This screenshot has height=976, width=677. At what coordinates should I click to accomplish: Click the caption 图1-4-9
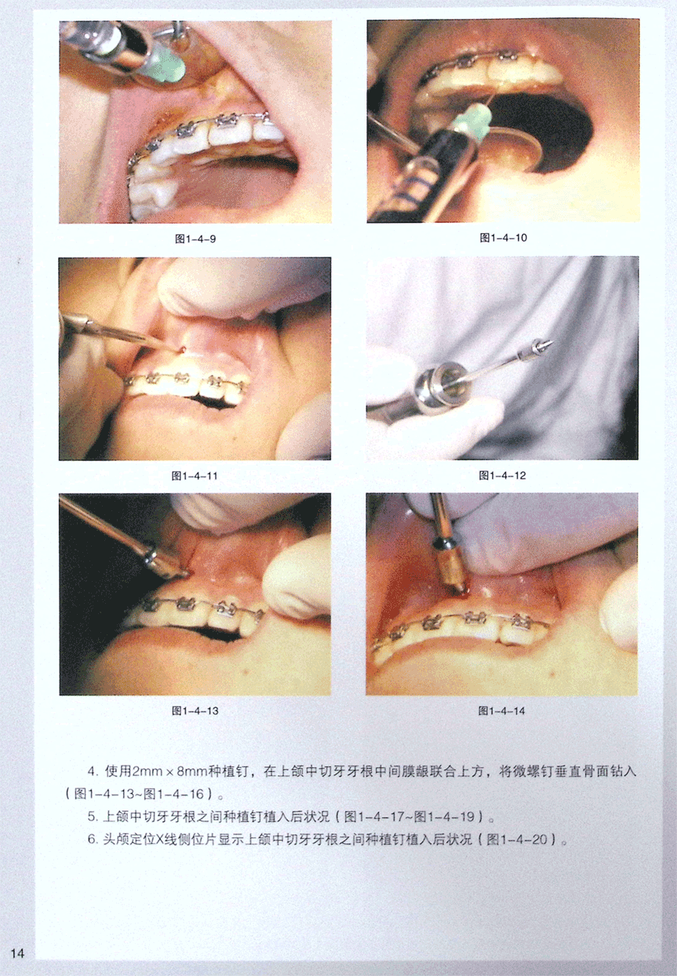pos(195,239)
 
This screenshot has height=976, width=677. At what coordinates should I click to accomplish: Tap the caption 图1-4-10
pos(504,237)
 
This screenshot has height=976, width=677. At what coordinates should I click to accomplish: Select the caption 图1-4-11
pos(195,475)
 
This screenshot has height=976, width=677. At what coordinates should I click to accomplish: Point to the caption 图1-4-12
pos(502,475)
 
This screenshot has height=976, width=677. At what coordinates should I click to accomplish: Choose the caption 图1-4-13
pos(195,711)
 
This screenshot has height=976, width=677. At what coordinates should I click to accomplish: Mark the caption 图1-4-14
pos(501,711)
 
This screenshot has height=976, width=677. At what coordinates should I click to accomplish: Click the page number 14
pos(17,953)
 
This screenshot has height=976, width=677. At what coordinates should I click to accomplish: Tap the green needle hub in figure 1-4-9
pos(168,66)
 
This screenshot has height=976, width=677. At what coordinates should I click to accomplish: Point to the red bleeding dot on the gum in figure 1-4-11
pos(184,349)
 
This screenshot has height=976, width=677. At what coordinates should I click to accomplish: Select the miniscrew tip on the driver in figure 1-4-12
pos(544,345)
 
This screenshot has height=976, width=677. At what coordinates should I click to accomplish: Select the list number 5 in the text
pos(91,817)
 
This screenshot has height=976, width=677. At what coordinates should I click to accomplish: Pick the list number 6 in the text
pos(91,839)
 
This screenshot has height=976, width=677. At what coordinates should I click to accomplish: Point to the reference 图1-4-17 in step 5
pos(374,817)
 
